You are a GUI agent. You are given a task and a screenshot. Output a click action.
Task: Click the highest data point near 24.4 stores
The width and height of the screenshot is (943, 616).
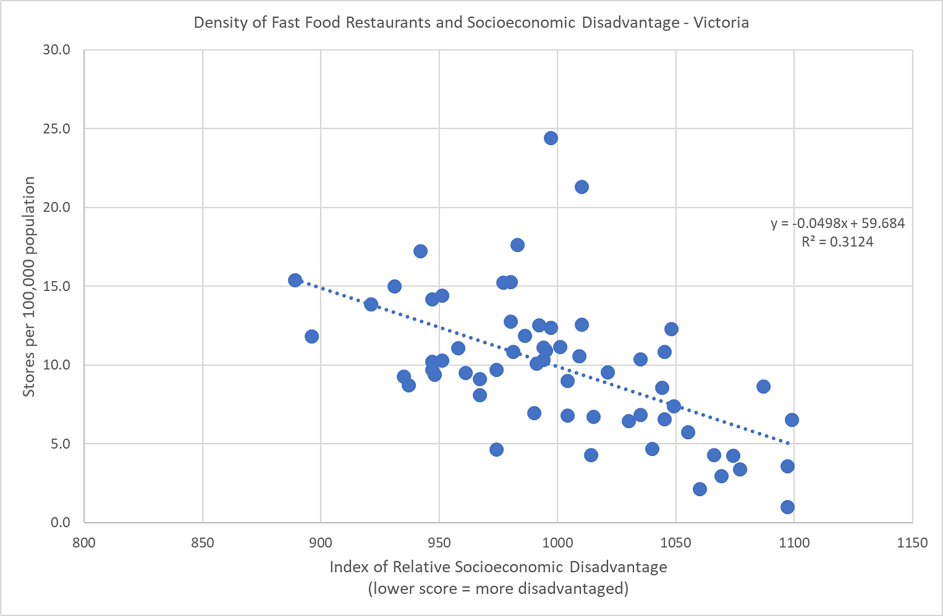551,138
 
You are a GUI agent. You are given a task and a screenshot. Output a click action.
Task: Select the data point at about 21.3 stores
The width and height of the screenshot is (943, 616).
582,187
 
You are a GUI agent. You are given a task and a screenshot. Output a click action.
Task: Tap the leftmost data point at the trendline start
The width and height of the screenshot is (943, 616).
295,280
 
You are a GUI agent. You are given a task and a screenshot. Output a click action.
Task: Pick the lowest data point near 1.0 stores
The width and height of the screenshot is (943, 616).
788,507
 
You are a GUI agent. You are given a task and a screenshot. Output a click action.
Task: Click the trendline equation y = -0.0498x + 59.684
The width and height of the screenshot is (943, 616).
837,223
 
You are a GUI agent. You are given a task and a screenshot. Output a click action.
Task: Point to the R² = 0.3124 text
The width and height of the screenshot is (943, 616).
837,242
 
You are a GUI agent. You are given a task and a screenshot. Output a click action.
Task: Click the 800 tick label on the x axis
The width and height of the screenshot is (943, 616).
84,543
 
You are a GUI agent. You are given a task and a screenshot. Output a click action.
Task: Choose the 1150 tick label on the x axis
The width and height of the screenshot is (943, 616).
912,543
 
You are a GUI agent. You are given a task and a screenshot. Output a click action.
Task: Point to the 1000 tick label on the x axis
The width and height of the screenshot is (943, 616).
557,543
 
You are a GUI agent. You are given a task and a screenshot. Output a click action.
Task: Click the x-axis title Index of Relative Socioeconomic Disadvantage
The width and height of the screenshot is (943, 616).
498,567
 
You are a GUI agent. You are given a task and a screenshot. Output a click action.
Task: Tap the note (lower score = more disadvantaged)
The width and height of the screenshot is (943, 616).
498,588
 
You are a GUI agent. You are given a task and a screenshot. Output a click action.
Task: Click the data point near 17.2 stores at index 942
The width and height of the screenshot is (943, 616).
420,251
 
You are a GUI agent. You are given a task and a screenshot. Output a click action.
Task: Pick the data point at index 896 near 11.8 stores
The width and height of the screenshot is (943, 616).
312,336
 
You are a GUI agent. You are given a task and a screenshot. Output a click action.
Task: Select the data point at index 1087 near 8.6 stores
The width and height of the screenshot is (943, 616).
764,387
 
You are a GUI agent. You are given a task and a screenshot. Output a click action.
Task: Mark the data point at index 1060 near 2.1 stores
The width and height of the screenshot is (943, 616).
699,489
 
